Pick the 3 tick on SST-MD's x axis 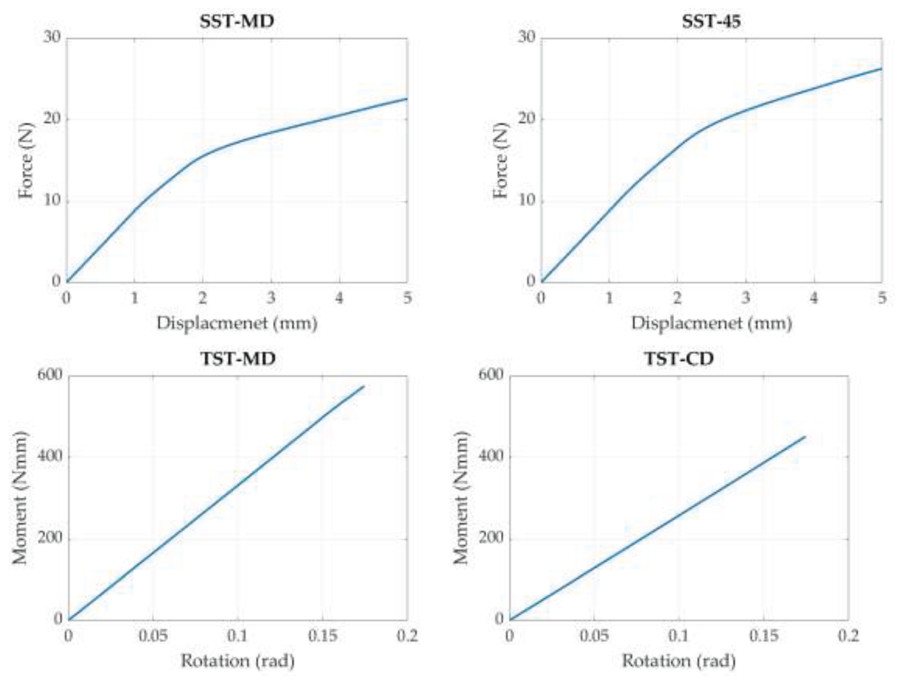coord(271,298)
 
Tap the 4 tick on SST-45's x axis coord(814,298)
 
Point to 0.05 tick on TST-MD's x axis coord(153,636)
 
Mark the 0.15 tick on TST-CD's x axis coord(764,636)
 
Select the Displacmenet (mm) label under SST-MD coord(237,323)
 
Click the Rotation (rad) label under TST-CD coord(679,661)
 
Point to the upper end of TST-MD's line coord(364,386)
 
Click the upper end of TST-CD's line coord(805,437)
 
